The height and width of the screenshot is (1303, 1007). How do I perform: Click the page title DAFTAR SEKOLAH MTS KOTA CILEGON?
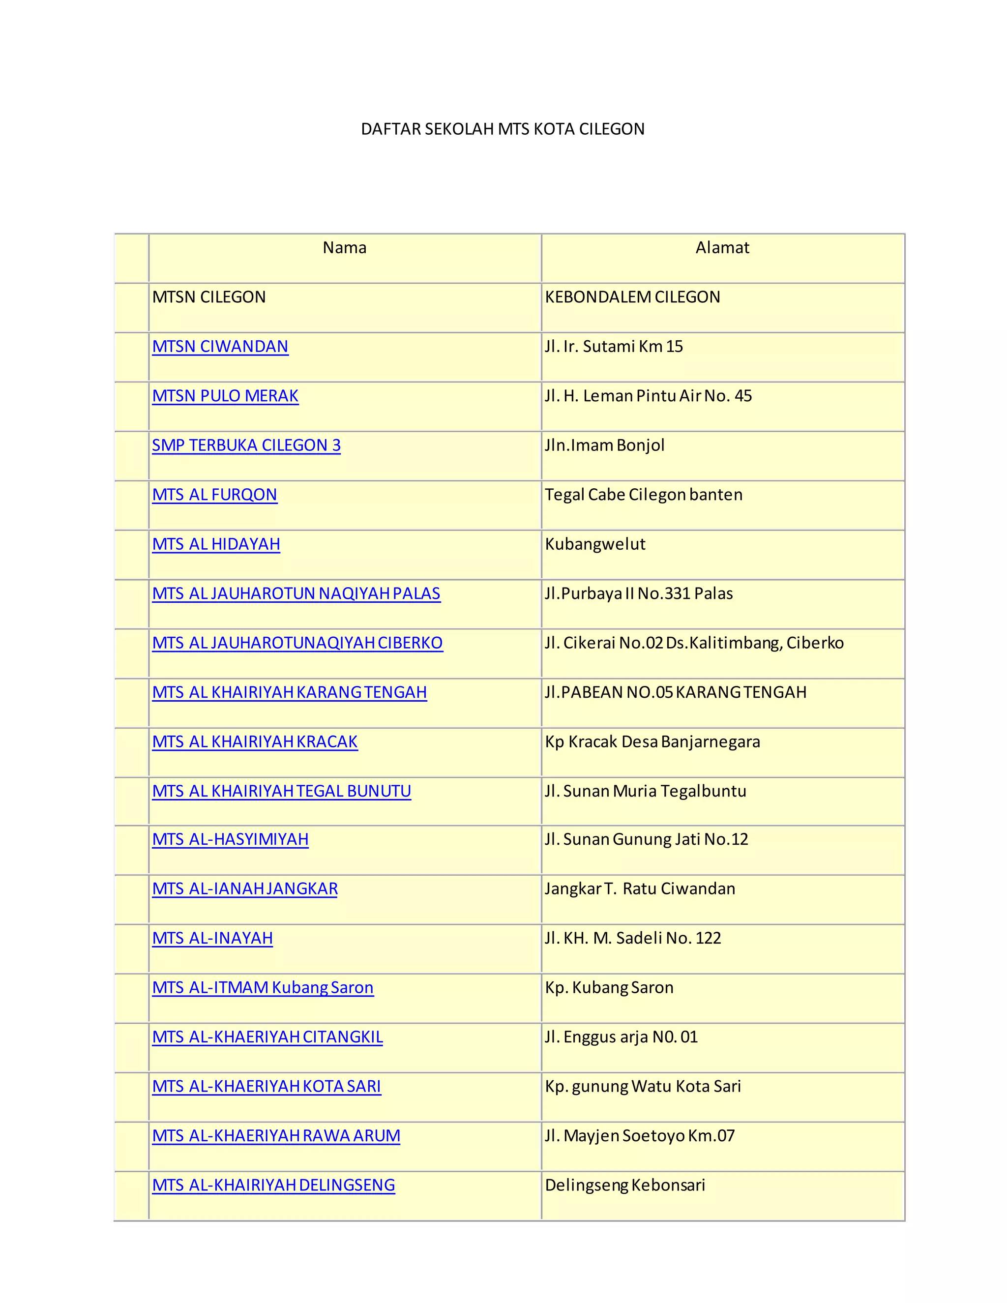pyautogui.click(x=503, y=129)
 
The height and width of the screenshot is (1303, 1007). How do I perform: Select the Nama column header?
pyautogui.click(x=344, y=248)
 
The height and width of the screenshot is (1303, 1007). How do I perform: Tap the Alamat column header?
pyautogui.click(x=722, y=248)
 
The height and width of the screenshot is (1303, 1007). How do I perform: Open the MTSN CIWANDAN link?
pyautogui.click(x=220, y=347)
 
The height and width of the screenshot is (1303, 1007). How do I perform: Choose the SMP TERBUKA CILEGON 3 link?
pyautogui.click(x=246, y=445)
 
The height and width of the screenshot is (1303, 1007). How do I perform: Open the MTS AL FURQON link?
pyautogui.click(x=215, y=495)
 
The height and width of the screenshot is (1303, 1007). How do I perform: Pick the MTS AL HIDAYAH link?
pyautogui.click(x=216, y=544)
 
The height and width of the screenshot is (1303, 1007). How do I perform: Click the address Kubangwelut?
pyautogui.click(x=595, y=544)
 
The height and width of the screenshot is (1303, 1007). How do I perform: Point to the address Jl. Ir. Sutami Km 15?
pyautogui.click(x=613, y=347)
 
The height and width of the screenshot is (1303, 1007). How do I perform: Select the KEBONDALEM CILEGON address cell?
pyautogui.click(x=632, y=297)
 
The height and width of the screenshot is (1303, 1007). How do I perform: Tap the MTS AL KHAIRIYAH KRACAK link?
pyautogui.click(x=255, y=741)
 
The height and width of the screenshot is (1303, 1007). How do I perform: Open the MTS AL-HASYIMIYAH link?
pyautogui.click(x=230, y=839)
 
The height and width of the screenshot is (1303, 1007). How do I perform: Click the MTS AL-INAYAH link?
pyautogui.click(x=212, y=939)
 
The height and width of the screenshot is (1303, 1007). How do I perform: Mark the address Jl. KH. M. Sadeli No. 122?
pyautogui.click(x=632, y=939)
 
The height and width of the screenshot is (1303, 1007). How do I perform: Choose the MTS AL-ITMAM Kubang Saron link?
pyautogui.click(x=263, y=988)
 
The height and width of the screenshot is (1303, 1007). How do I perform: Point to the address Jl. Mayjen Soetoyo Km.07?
pyautogui.click(x=640, y=1136)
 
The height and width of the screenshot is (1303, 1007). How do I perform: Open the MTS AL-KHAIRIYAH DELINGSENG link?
pyautogui.click(x=273, y=1185)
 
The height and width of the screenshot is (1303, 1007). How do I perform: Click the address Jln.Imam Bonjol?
pyautogui.click(x=604, y=445)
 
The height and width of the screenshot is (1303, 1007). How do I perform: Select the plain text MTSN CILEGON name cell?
pyautogui.click(x=209, y=297)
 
